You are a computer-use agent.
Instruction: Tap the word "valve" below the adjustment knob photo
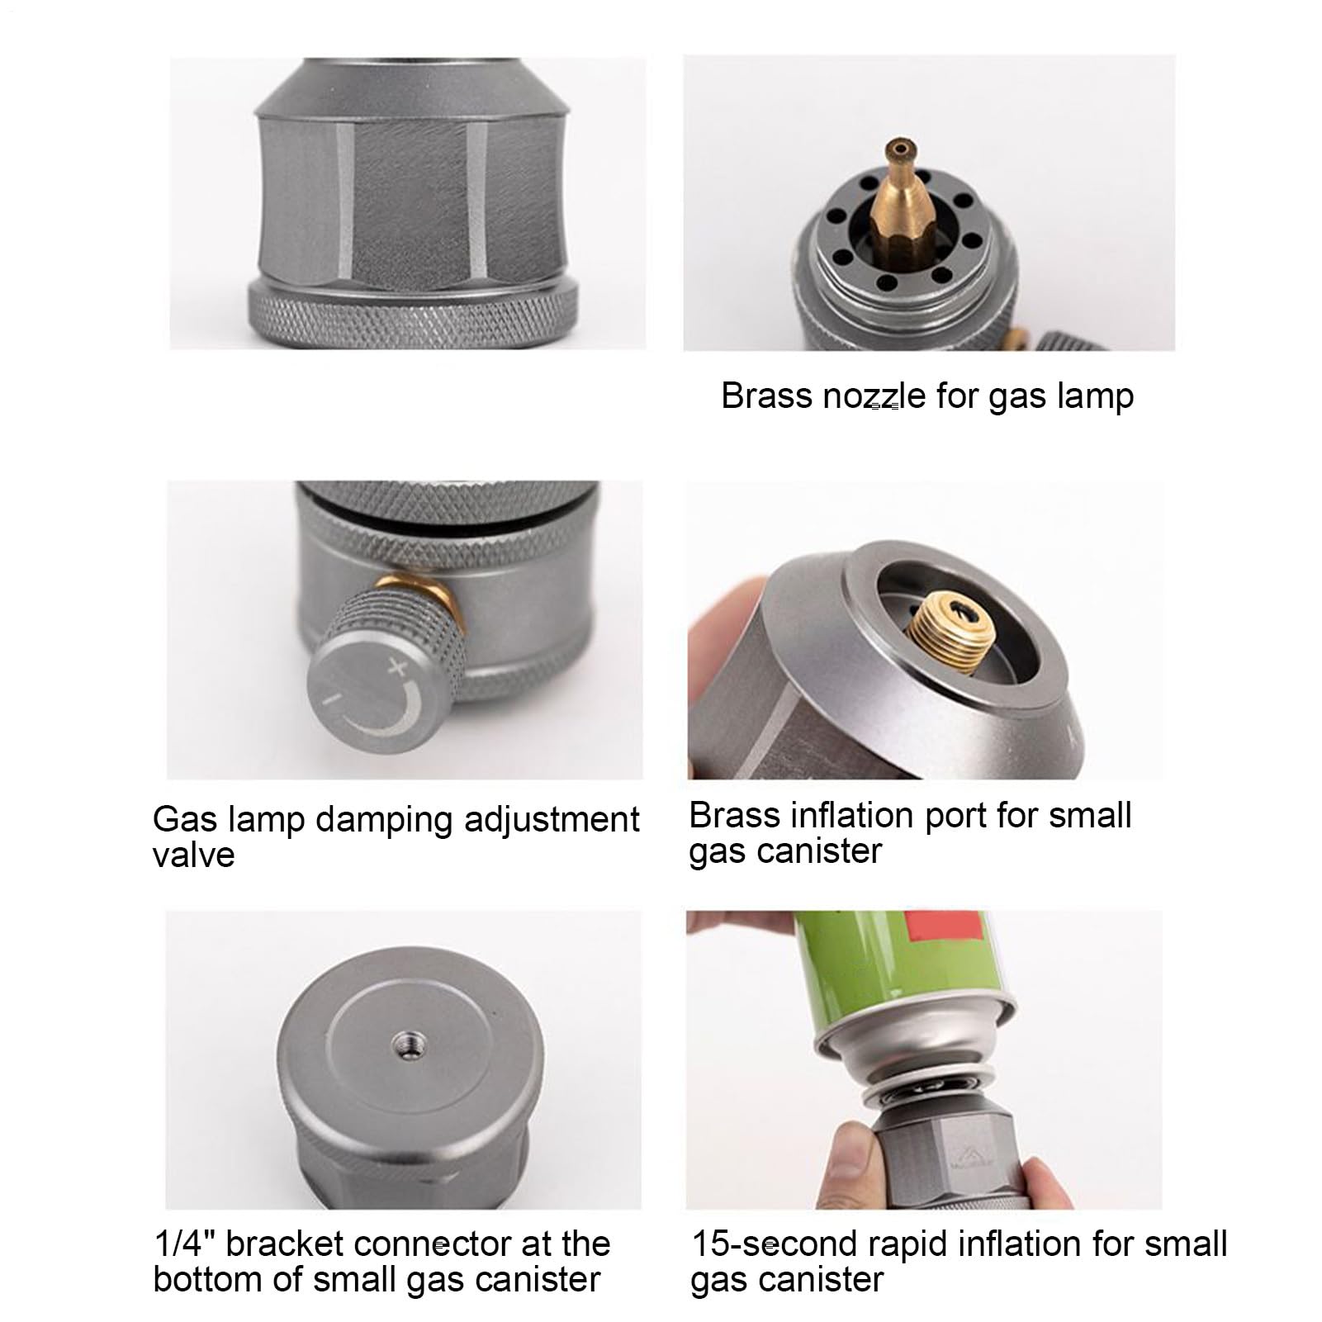[x=193, y=855]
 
